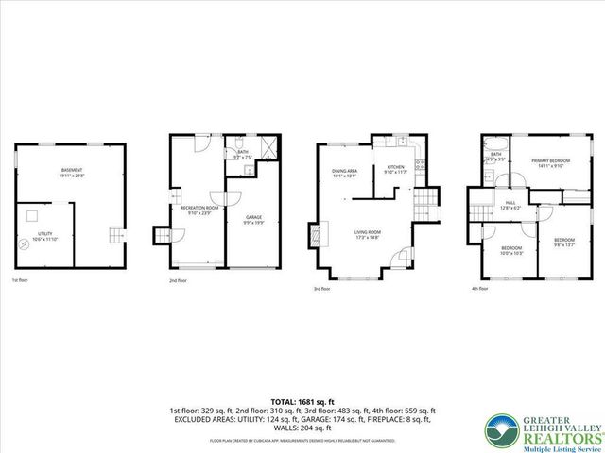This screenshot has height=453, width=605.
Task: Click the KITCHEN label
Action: [395, 169]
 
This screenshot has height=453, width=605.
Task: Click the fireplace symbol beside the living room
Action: [317, 232]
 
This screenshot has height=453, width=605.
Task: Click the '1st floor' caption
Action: [20, 281]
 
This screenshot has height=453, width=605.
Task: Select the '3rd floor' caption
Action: [322, 290]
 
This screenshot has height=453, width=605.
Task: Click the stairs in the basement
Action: [114, 235]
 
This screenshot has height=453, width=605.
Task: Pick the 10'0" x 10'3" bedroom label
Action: [511, 251]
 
